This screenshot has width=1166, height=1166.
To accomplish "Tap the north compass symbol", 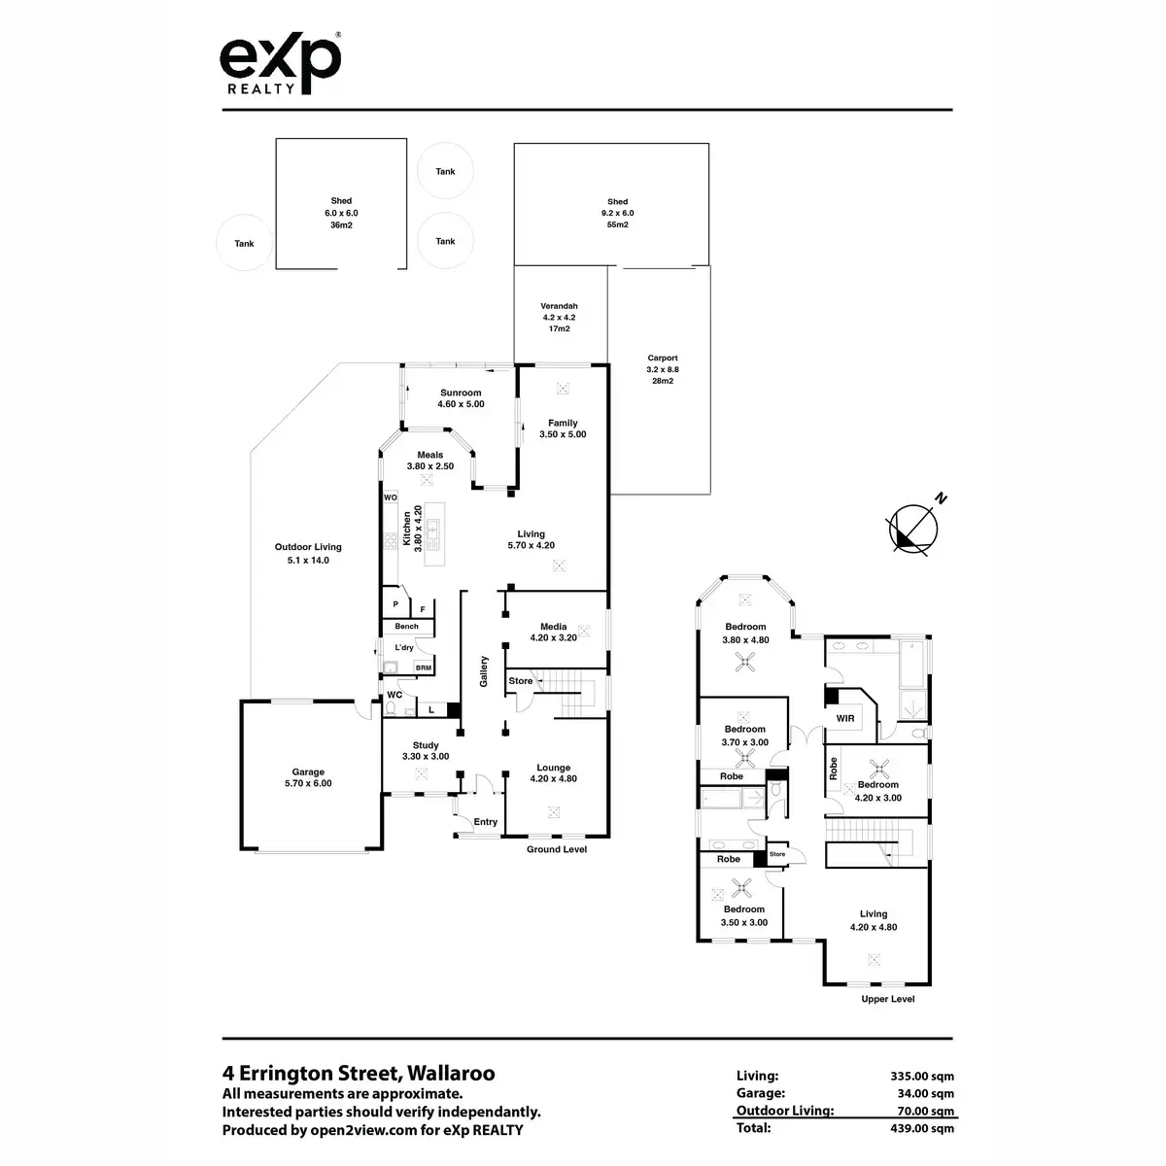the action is click(914, 531).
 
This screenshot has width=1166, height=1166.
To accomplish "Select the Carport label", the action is click(663, 369).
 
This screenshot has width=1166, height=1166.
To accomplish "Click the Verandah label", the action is click(560, 317).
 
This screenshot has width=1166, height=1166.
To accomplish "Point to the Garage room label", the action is click(308, 777).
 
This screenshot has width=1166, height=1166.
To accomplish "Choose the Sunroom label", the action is click(461, 398).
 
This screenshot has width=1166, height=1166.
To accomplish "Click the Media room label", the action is click(554, 633).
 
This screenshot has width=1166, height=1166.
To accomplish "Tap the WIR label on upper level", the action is click(845, 718).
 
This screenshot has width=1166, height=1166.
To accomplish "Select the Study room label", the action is click(426, 751).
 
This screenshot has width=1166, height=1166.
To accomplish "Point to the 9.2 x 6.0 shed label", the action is click(616, 213).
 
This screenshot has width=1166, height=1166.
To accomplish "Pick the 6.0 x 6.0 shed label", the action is click(341, 213).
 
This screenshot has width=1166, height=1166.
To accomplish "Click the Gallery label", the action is click(483, 670).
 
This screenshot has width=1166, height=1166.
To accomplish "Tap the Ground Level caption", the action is click(557, 849).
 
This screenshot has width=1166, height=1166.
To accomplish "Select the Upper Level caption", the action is click(888, 999).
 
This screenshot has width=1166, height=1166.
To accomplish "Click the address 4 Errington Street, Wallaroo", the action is click(359, 1074).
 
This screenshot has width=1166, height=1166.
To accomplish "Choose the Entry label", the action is click(486, 822).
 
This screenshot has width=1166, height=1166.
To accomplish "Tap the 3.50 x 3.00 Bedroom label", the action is click(744, 916).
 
